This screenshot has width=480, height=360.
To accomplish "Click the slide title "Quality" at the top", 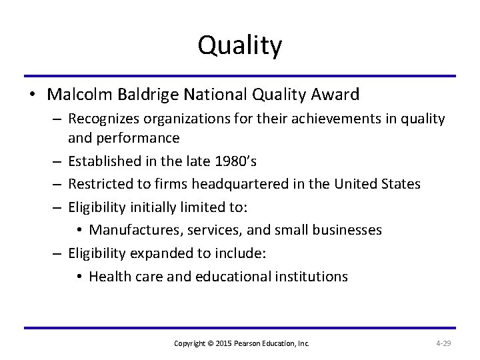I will (x=240, y=45).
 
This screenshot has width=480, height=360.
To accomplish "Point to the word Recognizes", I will (x=107, y=119).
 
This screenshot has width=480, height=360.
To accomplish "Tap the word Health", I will (x=107, y=276).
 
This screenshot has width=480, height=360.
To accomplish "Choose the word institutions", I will (x=311, y=276).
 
